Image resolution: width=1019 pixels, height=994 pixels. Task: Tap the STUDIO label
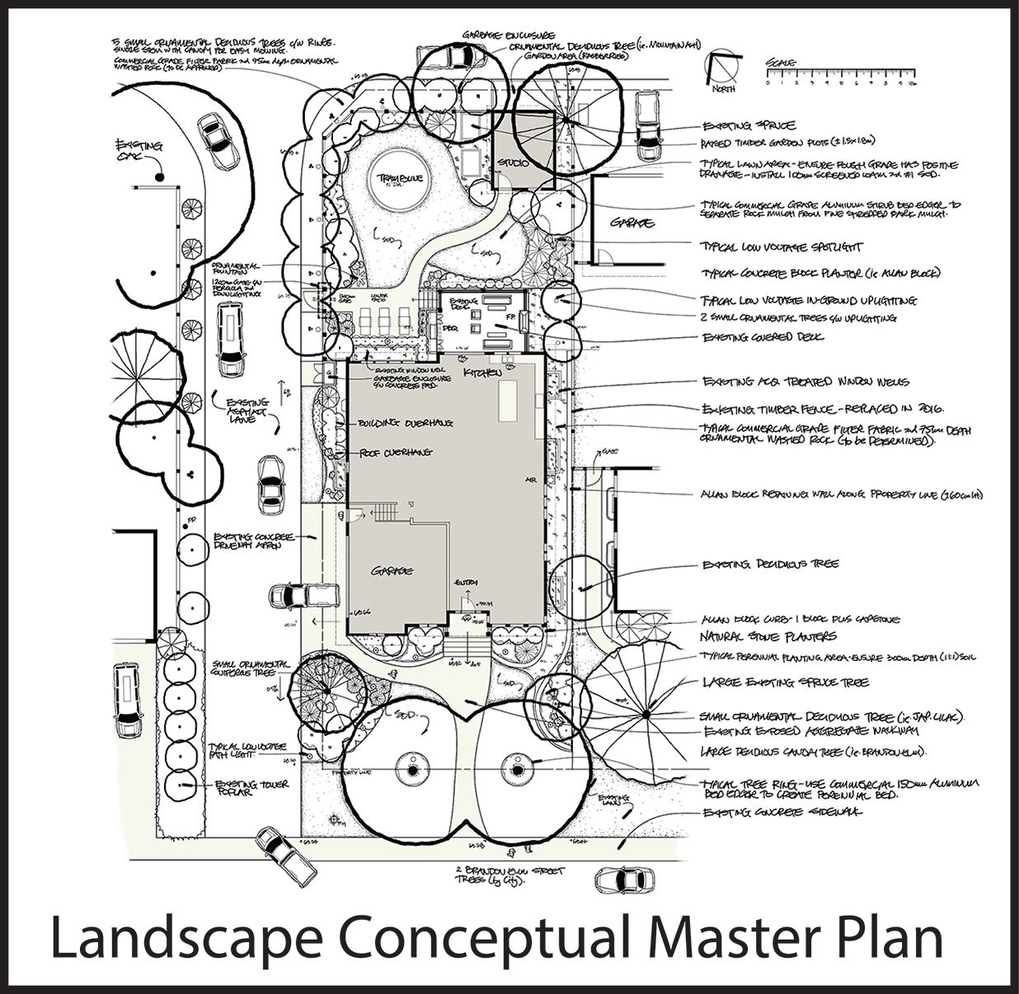point(512,163)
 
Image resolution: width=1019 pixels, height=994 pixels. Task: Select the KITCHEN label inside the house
point(483,373)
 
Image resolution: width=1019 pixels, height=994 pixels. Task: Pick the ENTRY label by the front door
point(465,583)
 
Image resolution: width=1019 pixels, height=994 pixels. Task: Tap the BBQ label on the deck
point(450,328)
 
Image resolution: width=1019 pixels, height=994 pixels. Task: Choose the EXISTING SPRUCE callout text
point(749,126)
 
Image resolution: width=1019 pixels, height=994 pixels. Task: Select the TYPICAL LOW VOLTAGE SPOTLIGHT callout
point(782,246)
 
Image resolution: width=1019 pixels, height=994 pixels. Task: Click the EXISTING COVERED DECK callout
point(763,337)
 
